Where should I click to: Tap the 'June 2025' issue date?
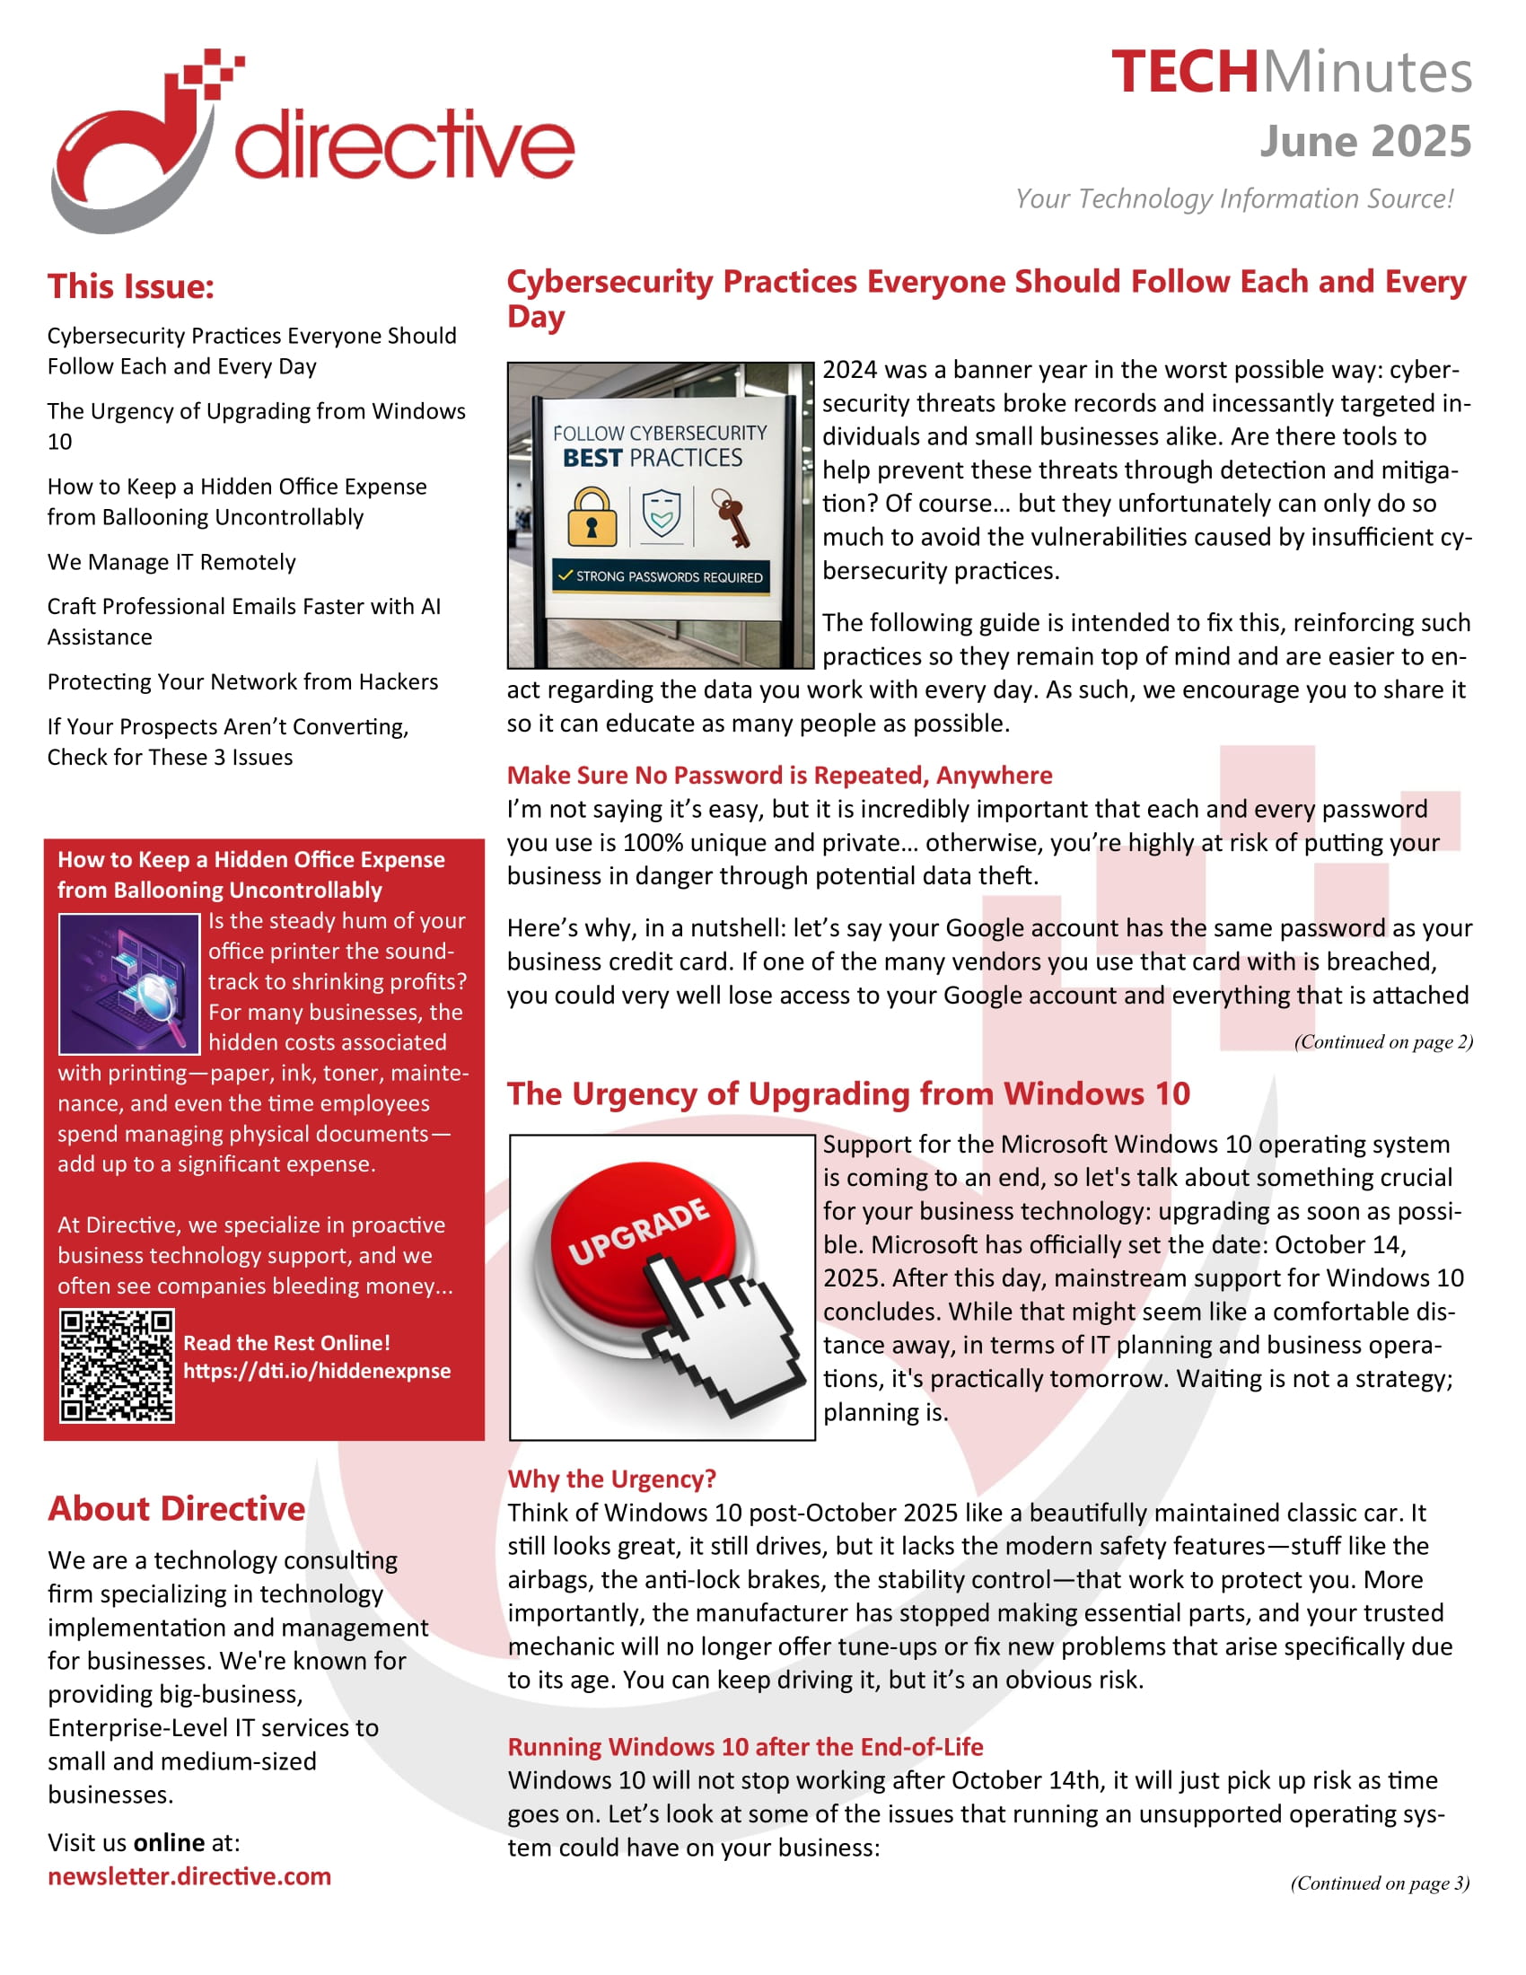pos(1364,142)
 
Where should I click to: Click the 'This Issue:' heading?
pos(131,286)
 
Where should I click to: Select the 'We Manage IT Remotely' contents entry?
pos(171,562)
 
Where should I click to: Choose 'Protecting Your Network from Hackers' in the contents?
pos(242,682)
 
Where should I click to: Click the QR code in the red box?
pos(117,1365)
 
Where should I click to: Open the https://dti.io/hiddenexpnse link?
pos(316,1371)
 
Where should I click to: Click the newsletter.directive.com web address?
pos(189,1876)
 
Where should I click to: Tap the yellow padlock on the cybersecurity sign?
pos(592,517)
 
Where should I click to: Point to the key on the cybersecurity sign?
pos(731,517)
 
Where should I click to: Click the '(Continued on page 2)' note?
pos(1382,1041)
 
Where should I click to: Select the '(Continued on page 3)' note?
pos(1380,1883)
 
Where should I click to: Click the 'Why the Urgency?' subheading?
pos(611,1479)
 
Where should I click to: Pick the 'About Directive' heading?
pos(176,1508)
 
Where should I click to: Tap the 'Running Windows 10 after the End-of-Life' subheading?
pos(745,1746)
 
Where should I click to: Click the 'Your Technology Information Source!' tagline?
pos(1234,199)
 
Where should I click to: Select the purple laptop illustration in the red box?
pos(128,984)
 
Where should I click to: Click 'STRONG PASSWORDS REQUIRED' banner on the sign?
pos(662,577)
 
